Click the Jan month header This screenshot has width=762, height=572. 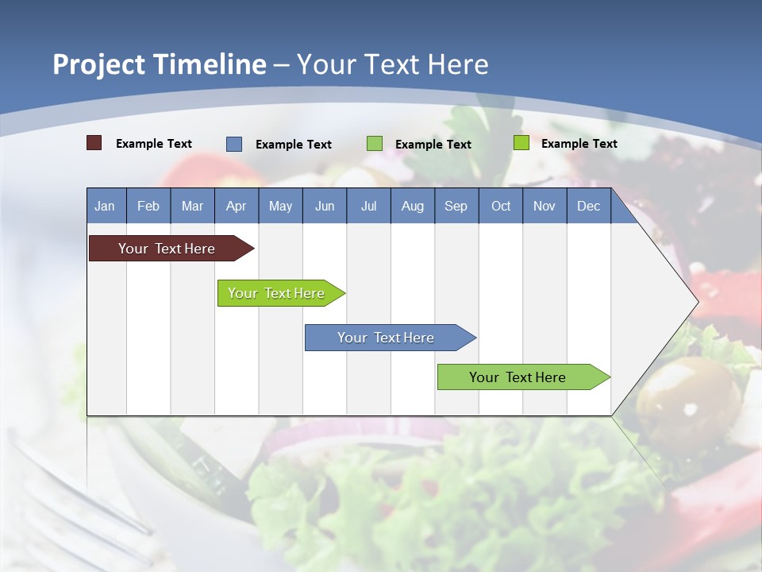tap(106, 206)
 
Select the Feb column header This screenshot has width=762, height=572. tap(148, 206)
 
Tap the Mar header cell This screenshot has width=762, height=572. tap(192, 206)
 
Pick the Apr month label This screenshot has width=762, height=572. tap(237, 206)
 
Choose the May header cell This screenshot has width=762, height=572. tap(280, 206)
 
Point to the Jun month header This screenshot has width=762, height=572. tap(325, 206)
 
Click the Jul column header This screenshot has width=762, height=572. tap(368, 206)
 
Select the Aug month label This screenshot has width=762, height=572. tap(413, 206)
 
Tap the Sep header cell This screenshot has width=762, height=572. tap(456, 206)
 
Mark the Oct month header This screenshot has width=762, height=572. tap(501, 206)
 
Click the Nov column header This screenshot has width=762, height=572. tap(545, 206)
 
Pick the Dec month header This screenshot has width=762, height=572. tap(589, 206)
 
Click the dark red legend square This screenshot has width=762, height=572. tap(94, 143)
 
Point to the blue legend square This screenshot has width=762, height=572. tap(234, 144)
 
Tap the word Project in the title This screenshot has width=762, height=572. tap(99, 64)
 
